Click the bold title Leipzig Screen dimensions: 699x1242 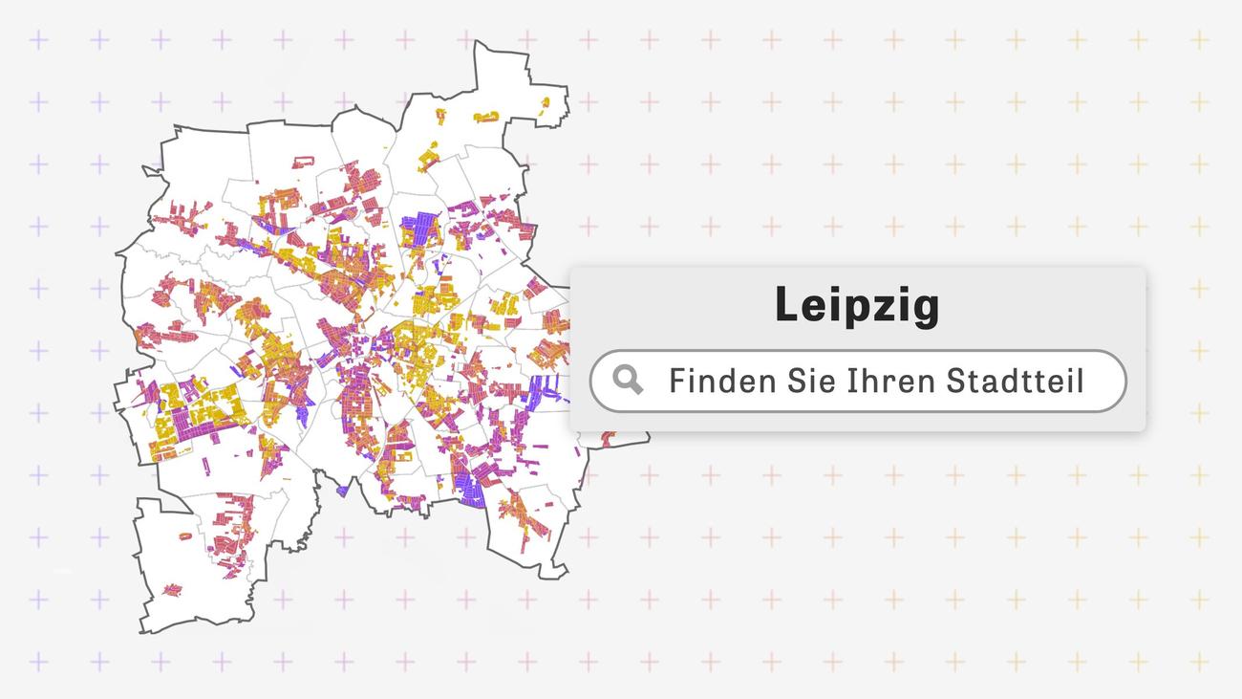857,306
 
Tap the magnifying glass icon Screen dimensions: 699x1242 628,380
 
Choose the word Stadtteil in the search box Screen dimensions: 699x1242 1015,381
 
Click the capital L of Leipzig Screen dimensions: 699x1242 785,306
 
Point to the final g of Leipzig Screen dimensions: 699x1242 925,310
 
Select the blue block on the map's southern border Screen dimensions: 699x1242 471,491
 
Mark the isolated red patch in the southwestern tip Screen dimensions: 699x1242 172,590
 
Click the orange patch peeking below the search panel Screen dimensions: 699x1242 608,438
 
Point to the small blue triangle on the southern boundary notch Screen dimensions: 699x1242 342,491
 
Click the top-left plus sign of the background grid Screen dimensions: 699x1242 38,40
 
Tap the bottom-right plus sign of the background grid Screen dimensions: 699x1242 1198,661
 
